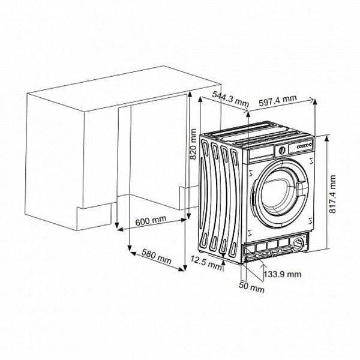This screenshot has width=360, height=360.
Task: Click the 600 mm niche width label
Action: point(151,221)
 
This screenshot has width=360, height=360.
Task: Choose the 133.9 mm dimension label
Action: point(282,274)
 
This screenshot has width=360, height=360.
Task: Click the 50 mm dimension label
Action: point(252,289)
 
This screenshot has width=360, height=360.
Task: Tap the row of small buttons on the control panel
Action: point(304,146)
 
